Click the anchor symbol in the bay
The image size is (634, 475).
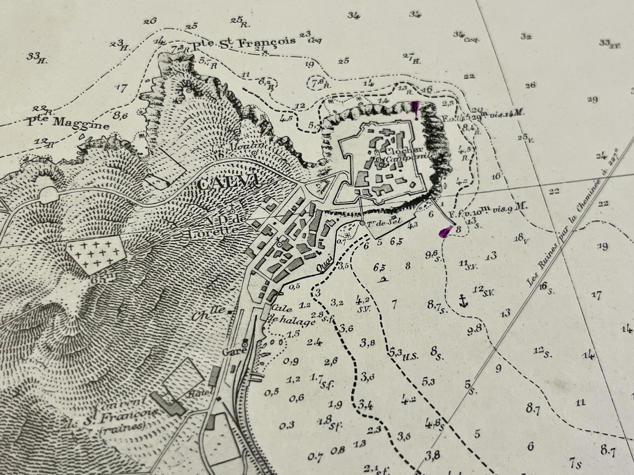pos(461,301)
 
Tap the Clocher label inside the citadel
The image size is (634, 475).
pos(397,152)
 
